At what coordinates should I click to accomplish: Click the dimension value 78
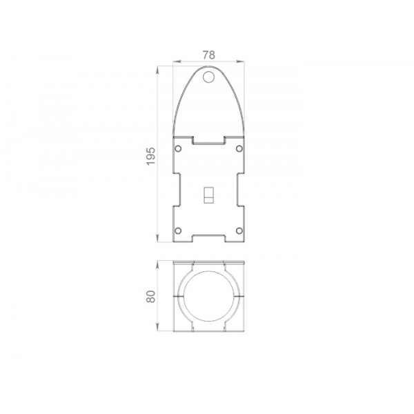pos(208,55)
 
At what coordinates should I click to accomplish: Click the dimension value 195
pos(151,157)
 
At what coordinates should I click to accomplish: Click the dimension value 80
pos(151,296)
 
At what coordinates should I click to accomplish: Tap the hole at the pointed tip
pos(208,77)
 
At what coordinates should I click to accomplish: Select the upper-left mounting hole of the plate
pos(178,148)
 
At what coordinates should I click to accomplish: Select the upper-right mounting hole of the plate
pos(239,148)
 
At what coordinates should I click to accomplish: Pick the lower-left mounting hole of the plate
pos(178,230)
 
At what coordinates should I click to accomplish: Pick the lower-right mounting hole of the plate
pos(239,230)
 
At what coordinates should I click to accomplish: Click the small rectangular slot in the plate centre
pos(209,195)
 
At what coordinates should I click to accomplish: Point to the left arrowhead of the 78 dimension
pos(177,61)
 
